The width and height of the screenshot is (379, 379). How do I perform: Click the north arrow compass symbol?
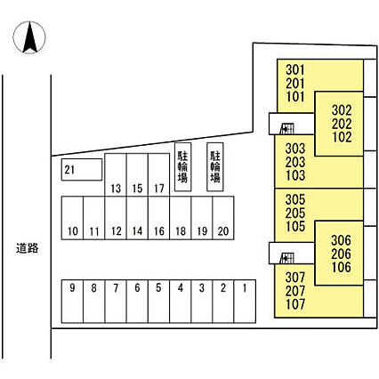(x=29, y=37)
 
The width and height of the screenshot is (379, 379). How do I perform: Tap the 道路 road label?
(x=28, y=248)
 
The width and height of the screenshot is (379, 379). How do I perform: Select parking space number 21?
(x=82, y=170)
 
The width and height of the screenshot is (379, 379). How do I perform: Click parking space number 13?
(x=116, y=174)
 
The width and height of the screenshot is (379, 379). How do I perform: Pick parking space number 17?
(x=158, y=174)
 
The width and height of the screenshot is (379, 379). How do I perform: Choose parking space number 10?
(x=72, y=218)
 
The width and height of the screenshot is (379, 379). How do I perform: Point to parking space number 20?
(x=223, y=218)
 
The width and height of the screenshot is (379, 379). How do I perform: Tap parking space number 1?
(x=245, y=302)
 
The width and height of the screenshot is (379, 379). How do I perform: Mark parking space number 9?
(x=72, y=302)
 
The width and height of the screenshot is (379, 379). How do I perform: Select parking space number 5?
(x=158, y=302)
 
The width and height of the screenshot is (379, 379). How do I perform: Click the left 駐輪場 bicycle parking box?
(x=182, y=166)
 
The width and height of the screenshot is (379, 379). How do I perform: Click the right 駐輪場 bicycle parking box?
(x=215, y=166)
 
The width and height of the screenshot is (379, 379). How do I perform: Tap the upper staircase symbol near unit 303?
(x=287, y=129)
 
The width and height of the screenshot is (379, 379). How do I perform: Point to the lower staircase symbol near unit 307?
(x=287, y=258)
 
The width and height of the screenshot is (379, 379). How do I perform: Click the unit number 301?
(x=295, y=70)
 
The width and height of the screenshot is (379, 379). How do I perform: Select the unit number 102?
(x=342, y=137)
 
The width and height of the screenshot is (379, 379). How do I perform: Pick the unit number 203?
(x=295, y=162)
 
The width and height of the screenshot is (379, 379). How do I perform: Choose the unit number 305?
(x=295, y=199)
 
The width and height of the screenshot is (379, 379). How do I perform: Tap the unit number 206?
(x=341, y=254)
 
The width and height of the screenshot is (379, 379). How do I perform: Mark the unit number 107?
(x=295, y=304)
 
